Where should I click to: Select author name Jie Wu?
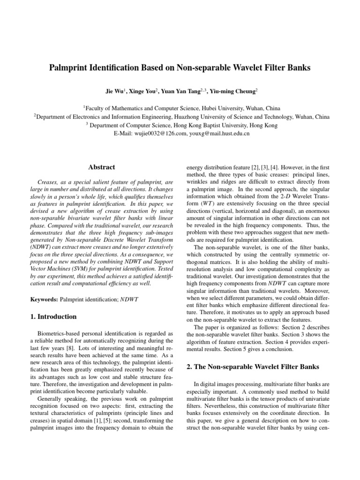click(114, 90)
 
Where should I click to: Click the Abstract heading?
click(102, 167)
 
